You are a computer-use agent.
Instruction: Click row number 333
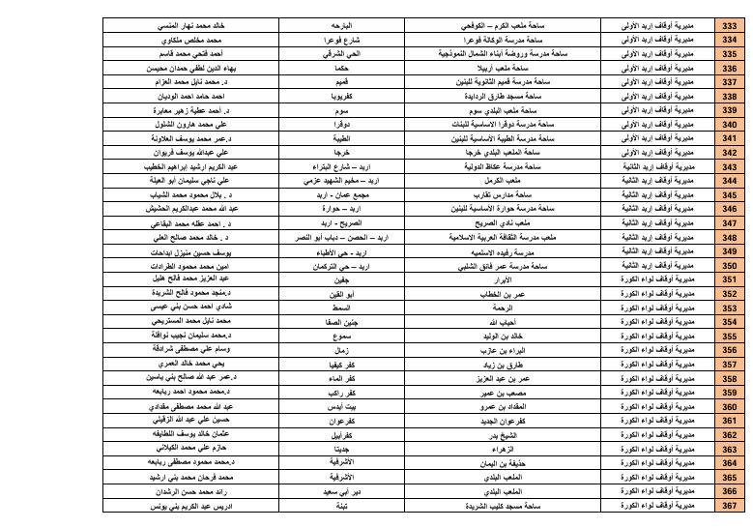coord(729,20)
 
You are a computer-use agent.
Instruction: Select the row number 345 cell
coord(729,193)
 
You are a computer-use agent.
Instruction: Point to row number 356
coord(729,350)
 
